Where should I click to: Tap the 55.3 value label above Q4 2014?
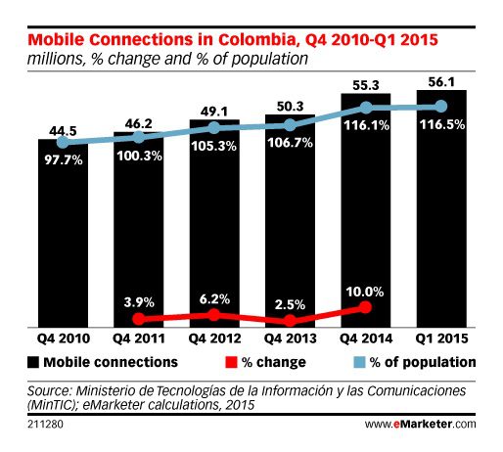[x=365, y=85]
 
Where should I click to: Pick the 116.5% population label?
[x=440, y=127]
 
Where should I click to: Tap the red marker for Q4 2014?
[x=365, y=306]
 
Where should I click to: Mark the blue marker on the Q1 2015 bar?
[x=440, y=106]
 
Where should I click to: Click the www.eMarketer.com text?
[x=421, y=425]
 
